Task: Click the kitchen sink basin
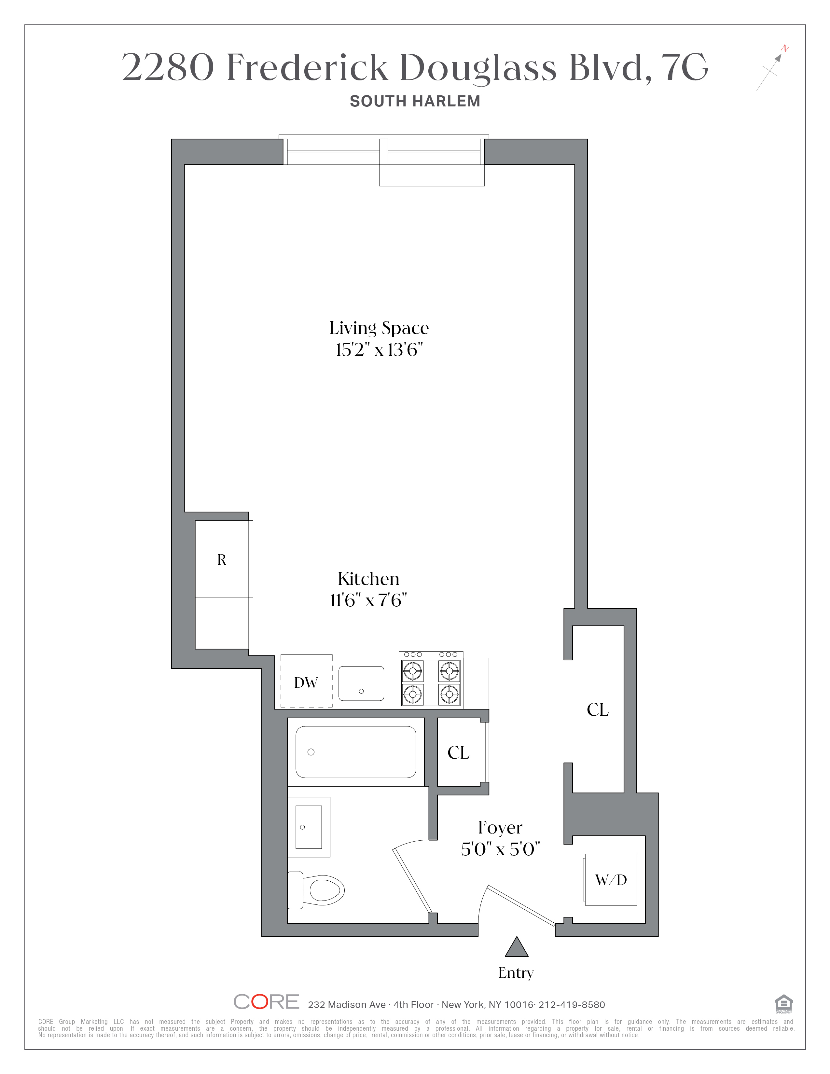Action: [361, 683]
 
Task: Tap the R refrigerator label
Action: [222, 560]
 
